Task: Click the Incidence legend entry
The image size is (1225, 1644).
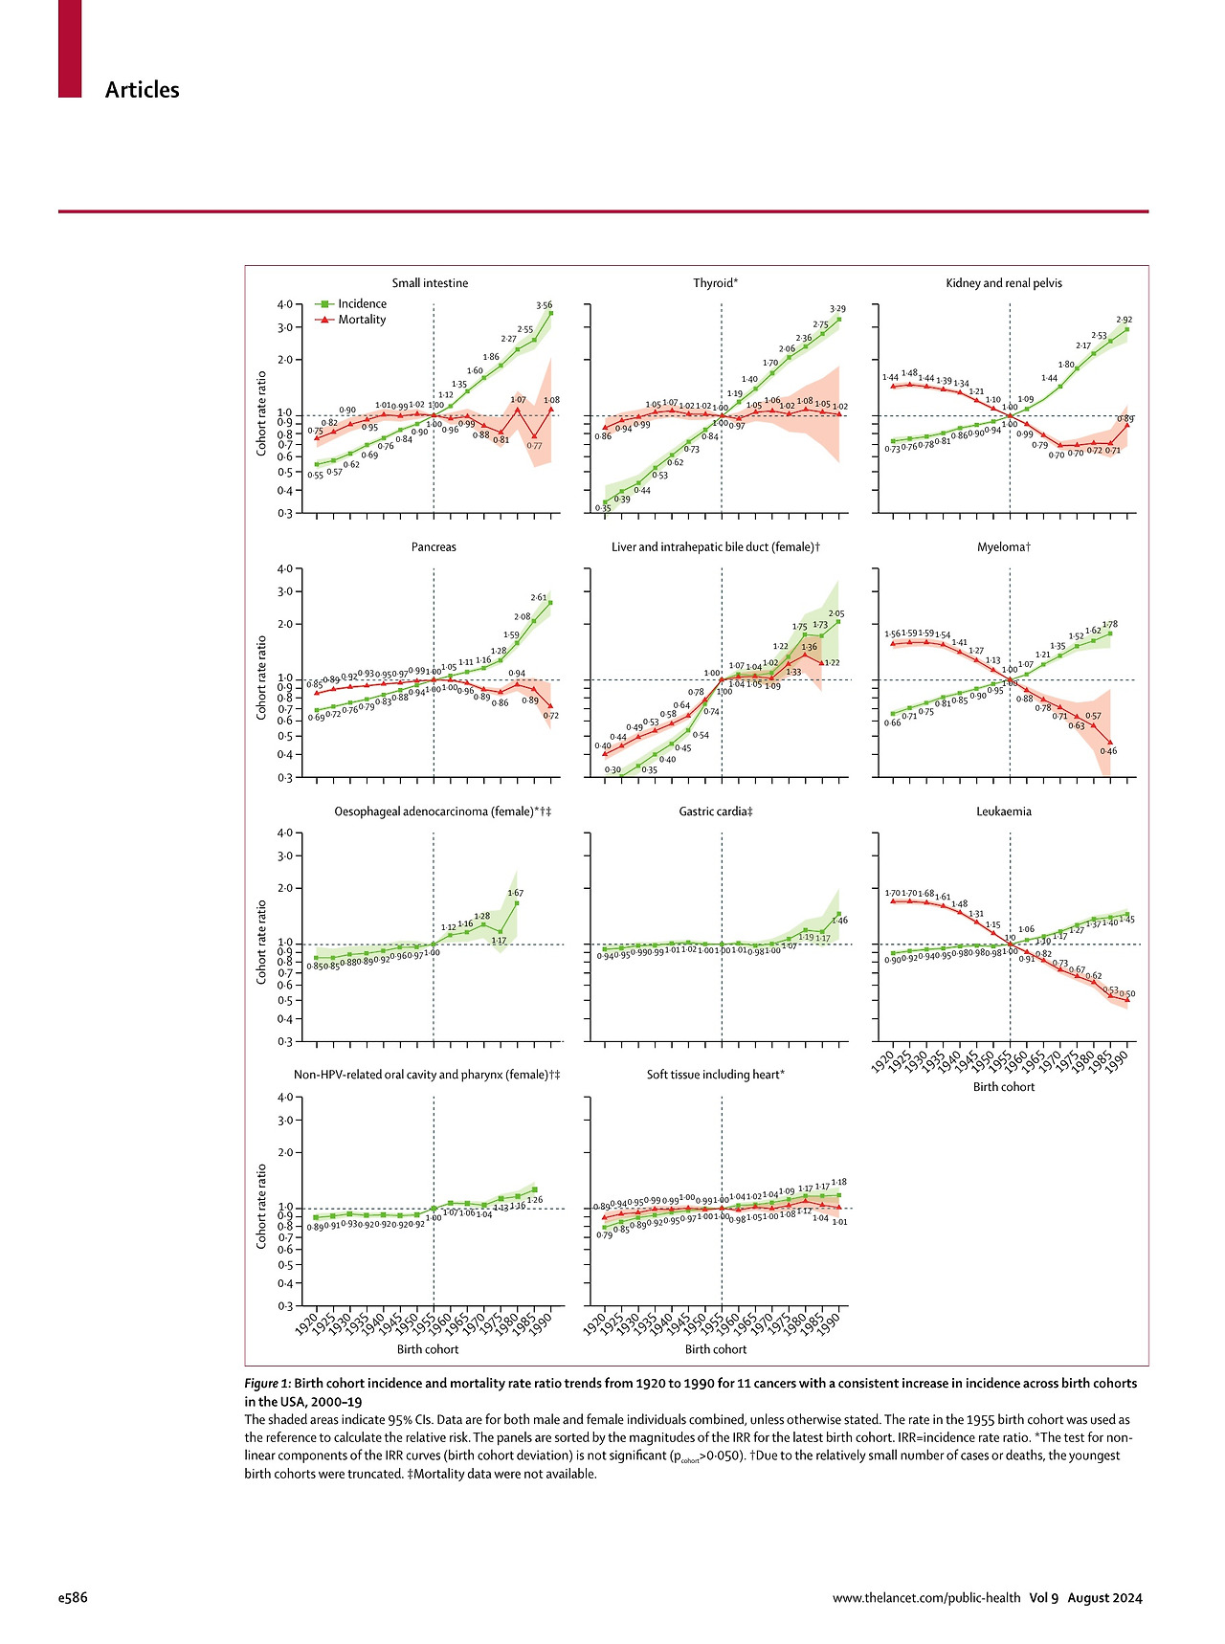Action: [361, 304]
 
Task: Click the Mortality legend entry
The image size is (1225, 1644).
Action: [361, 320]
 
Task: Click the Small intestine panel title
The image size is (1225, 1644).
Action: [430, 283]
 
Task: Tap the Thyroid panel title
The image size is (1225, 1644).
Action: [715, 283]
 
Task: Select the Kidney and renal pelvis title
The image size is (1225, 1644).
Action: [1003, 283]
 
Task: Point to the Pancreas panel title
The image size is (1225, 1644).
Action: [434, 547]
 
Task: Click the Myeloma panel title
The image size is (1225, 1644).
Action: [1003, 547]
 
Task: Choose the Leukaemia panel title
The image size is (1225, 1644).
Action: [1004, 811]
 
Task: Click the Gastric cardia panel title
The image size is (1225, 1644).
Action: [715, 811]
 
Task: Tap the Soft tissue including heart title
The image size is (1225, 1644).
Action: [715, 1075]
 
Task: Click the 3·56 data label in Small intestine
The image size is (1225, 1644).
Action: [544, 305]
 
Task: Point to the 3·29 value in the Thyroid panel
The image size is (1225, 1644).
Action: [837, 309]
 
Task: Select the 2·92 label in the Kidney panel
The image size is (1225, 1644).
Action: [1125, 320]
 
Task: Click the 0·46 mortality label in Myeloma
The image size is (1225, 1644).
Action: [1107, 751]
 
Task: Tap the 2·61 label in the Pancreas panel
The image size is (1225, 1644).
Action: [539, 598]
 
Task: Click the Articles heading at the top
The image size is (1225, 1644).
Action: [143, 90]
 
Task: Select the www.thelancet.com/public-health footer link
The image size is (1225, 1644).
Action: [926, 1598]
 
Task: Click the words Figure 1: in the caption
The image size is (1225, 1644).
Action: [267, 1384]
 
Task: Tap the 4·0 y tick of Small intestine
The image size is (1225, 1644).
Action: [284, 305]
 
